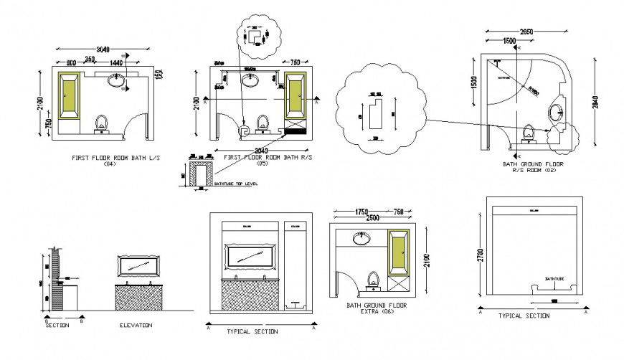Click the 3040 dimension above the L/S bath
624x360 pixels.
tap(104, 49)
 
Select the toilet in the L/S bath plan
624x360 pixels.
tap(102, 123)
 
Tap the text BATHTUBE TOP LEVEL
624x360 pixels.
tap(237, 185)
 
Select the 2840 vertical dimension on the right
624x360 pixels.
tap(593, 103)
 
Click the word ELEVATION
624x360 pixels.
tap(136, 326)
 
